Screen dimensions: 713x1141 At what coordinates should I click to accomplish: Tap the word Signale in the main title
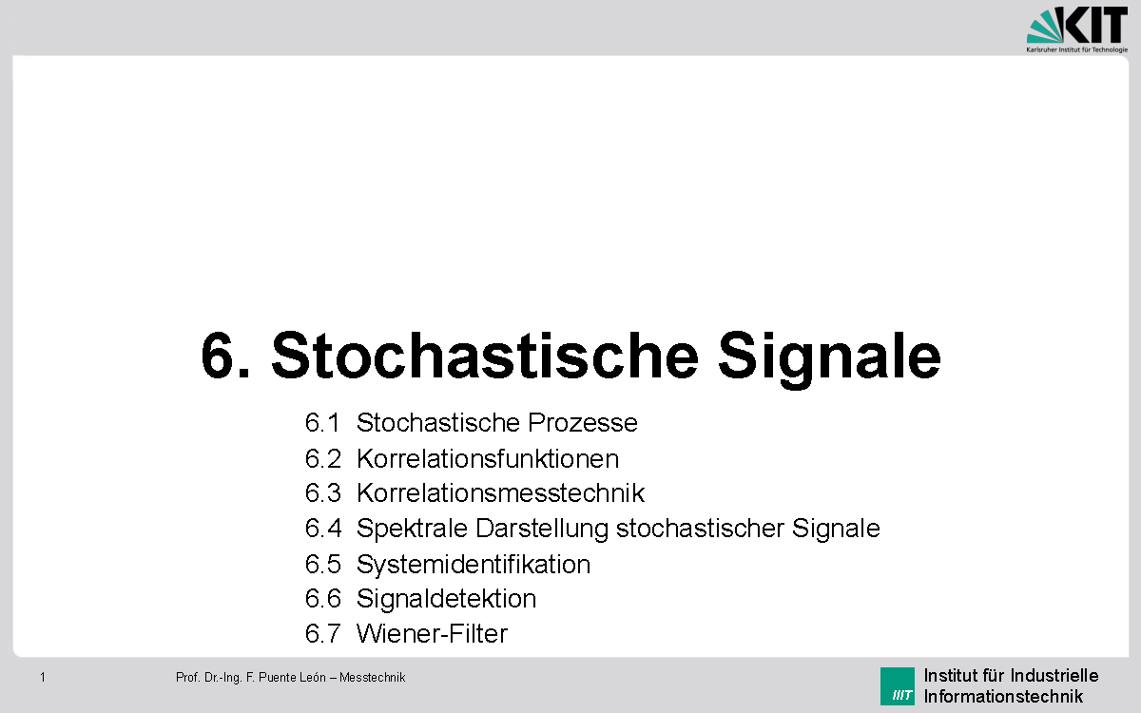click(x=829, y=356)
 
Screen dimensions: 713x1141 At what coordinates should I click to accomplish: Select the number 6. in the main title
click(x=226, y=356)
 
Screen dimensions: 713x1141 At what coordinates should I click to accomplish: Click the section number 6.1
click(x=322, y=422)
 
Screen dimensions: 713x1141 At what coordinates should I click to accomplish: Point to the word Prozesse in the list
click(x=583, y=422)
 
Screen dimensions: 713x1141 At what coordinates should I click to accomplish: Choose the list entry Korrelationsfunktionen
click(x=488, y=458)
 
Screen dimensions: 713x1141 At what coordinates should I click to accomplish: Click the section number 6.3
click(x=322, y=493)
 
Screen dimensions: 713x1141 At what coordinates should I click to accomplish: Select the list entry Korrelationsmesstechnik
click(x=500, y=493)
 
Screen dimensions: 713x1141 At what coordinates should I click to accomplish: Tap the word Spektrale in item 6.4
click(x=413, y=528)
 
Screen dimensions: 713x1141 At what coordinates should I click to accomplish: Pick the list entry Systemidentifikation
click(x=474, y=564)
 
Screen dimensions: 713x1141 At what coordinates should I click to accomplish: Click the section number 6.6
click(x=322, y=599)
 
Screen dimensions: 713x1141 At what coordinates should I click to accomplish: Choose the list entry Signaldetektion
click(x=446, y=599)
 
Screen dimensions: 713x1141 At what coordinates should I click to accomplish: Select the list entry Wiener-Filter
click(x=432, y=633)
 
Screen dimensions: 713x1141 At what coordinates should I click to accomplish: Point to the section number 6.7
click(x=322, y=633)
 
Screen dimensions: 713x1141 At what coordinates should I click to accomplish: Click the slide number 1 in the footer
click(x=43, y=677)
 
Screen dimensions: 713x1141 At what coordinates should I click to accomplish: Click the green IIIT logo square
click(x=897, y=686)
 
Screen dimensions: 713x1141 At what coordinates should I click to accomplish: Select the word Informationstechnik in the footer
click(x=1003, y=696)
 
